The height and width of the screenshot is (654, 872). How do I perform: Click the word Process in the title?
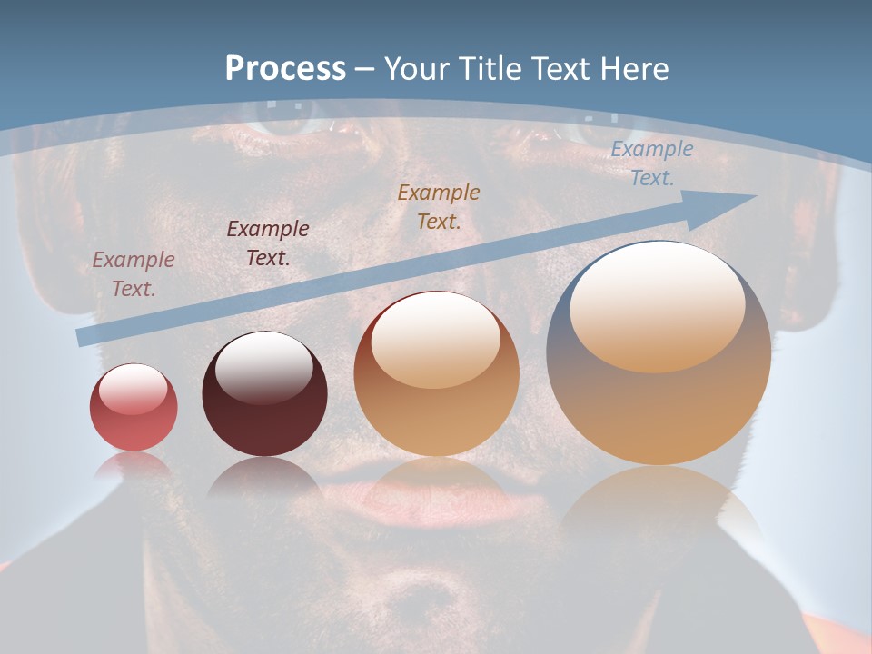click(285, 69)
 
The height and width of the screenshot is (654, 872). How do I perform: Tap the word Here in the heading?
click(634, 69)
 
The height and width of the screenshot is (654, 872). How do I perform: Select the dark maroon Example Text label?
click(267, 243)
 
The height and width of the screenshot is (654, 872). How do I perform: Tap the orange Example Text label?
click(439, 207)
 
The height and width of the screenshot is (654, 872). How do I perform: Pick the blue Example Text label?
click(651, 163)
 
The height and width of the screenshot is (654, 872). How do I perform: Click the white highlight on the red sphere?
click(133, 388)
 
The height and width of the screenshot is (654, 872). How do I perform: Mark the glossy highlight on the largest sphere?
click(657, 307)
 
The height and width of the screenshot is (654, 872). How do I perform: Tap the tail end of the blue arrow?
click(84, 336)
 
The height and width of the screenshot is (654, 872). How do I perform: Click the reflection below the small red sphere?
click(134, 465)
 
